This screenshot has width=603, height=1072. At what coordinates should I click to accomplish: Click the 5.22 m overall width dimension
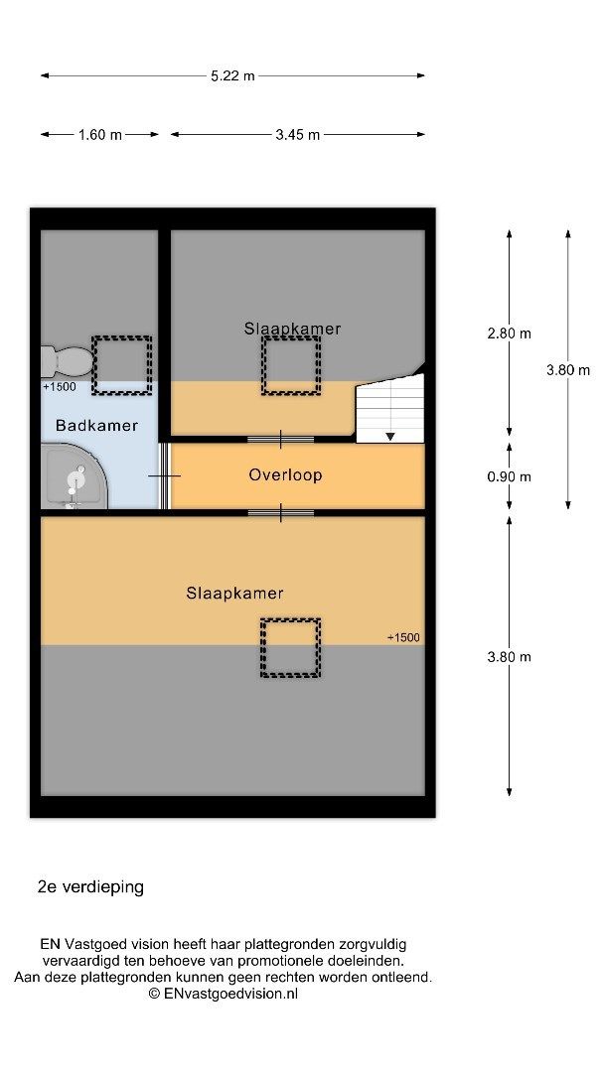232,75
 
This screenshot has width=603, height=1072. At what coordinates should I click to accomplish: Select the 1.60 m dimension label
100,135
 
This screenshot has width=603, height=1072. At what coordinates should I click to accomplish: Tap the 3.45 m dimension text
298,135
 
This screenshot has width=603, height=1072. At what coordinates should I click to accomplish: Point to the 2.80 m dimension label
510,334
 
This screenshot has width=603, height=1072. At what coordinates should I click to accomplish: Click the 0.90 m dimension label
510,476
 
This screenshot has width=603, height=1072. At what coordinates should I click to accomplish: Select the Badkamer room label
96,425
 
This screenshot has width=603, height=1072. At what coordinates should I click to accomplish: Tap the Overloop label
285,475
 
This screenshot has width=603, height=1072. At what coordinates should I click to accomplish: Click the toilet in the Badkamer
67,361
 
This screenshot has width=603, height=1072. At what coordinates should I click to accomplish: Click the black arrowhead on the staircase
389,436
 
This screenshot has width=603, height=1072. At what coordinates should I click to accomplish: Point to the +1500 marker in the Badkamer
60,387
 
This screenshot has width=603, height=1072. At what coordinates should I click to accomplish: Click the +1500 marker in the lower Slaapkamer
404,638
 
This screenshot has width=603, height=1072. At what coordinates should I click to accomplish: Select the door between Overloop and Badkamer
164,475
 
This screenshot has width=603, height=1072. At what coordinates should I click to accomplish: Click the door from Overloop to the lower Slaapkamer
280,513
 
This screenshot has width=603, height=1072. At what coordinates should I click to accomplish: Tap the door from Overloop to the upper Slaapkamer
280,439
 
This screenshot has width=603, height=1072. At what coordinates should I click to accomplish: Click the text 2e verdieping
90,887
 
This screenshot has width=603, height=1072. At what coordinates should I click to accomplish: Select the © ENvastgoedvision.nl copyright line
224,994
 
